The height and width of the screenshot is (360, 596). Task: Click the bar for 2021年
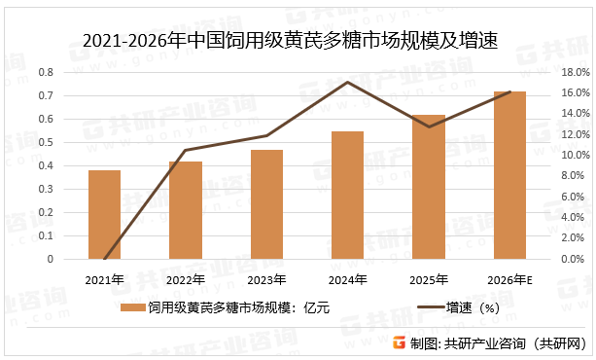(x=104, y=215)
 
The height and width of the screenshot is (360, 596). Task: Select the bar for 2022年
(x=185, y=210)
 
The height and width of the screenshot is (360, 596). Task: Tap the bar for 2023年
(x=266, y=204)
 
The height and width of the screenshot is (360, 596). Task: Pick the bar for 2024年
(x=347, y=195)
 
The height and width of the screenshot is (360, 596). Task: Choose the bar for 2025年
(x=429, y=187)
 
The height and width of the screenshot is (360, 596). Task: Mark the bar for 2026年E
(x=509, y=175)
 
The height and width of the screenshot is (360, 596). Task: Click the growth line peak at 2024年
(x=347, y=82)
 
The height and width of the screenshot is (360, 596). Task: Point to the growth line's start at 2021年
(x=104, y=259)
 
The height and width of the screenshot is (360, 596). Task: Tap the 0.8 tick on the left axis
(x=45, y=73)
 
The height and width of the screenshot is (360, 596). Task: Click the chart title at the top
(x=298, y=40)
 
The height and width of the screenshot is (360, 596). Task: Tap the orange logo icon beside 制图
(x=400, y=342)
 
